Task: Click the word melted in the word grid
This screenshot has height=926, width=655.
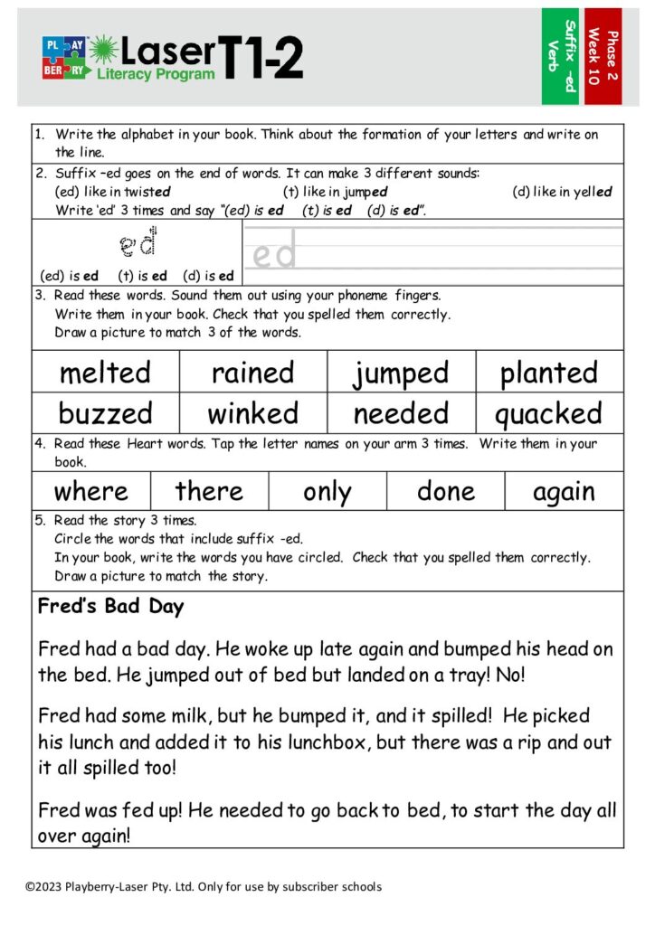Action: click(x=105, y=373)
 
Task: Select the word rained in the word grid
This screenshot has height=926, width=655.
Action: click(x=253, y=373)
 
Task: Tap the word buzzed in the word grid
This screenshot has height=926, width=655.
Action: click(x=105, y=413)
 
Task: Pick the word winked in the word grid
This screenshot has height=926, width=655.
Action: click(x=253, y=413)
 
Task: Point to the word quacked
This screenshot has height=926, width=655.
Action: click(x=548, y=413)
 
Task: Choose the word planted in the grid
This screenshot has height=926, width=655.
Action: click(x=549, y=373)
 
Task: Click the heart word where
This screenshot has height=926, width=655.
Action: click(x=90, y=491)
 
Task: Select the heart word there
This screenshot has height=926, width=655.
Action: click(x=209, y=491)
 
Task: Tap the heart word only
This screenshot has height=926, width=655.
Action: click(x=327, y=491)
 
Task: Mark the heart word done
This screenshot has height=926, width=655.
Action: click(x=445, y=491)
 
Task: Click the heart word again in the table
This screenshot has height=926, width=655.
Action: click(x=564, y=491)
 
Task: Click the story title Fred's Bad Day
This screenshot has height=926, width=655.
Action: click(x=110, y=606)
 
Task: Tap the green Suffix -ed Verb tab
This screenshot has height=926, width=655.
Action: click(x=560, y=56)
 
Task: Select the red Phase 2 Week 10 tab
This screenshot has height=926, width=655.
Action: click(x=603, y=56)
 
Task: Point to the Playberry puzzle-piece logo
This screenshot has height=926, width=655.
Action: click(x=63, y=57)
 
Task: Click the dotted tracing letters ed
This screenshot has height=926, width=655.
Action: click(x=138, y=243)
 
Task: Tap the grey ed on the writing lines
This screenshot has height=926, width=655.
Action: click(x=274, y=255)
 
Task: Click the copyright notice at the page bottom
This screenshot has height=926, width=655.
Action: click(x=204, y=886)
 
